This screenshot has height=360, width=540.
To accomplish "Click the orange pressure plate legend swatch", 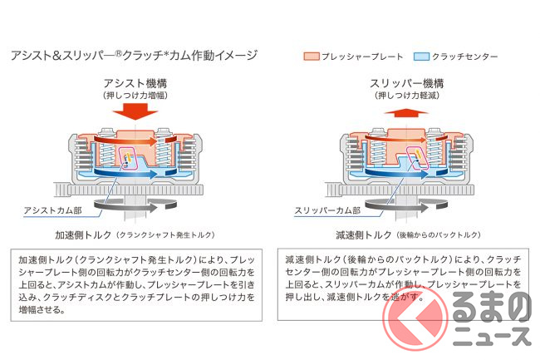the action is pos(312,57).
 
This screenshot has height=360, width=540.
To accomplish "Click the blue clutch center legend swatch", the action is pos(421,57).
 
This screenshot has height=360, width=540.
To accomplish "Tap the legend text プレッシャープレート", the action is pos(362,57).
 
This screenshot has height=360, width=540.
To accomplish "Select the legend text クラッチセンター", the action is pos(465,57).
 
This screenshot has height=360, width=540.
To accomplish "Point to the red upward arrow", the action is pos(406,113).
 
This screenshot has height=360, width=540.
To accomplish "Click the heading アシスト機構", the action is pos(135,83).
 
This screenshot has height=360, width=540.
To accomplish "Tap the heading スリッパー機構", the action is pos(407,83).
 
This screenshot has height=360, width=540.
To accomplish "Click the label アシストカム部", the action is pos(52,210).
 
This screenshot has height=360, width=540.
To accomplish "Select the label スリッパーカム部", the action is pos(327,210).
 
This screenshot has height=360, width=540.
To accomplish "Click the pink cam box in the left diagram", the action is pos(128,158).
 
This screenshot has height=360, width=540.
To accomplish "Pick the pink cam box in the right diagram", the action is pos(418,157).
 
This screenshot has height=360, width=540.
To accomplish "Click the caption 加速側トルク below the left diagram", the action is pos(83,235).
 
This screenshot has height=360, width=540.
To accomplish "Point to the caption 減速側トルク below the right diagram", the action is pos(364,235).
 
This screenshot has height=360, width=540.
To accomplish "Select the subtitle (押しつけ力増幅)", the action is pos(135,96).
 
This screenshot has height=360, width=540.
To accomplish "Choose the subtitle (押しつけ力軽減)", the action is pos(407,96).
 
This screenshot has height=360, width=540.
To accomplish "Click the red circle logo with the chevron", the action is pos(415,318).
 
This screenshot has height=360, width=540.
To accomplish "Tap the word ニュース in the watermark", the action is pos(492,336).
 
